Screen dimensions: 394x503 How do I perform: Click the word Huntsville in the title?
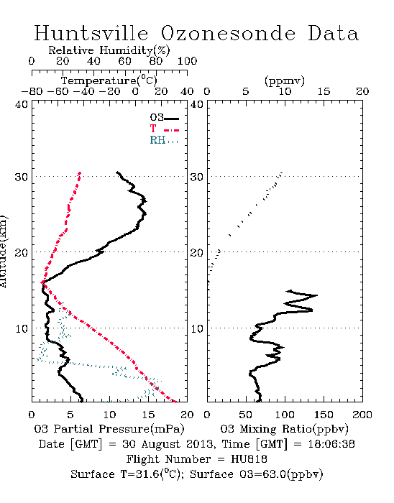coord(91,33)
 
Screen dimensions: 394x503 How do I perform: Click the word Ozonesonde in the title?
coord(228,33)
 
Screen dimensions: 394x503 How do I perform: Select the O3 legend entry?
coord(164,118)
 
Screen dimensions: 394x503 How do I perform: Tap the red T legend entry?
coord(164,129)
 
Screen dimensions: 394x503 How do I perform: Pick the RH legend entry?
coord(164,141)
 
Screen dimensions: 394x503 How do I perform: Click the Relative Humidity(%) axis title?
coord(109,50)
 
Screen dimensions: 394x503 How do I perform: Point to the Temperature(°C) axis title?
coord(109,80)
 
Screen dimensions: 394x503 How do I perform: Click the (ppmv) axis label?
coord(285,80)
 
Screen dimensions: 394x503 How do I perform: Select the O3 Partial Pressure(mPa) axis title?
coord(109,429)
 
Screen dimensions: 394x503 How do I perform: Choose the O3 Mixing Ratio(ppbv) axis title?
coord(284,429)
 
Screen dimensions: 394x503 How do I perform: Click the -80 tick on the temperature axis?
coord(32,92)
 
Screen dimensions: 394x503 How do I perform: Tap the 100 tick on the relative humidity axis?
coord(187,61)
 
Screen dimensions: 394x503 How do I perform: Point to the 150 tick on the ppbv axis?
coord(324,415)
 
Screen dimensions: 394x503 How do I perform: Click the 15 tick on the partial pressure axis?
coord(148,415)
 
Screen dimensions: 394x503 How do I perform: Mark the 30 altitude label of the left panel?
coord(22,177)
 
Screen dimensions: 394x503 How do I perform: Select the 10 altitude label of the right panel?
coord(197,329)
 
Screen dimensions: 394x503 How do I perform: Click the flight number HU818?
coord(249,459)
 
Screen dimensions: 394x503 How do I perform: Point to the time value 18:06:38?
coord(331,444)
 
